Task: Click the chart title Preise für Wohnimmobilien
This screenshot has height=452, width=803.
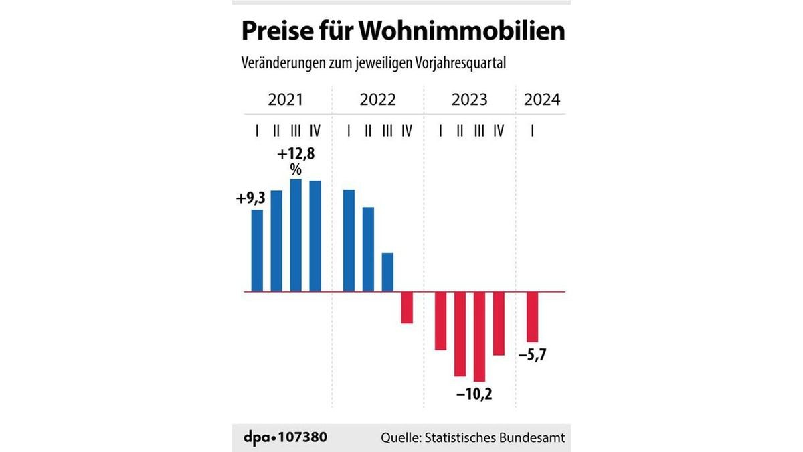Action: pos(402,31)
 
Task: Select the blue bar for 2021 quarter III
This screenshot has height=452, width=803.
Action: pos(296,236)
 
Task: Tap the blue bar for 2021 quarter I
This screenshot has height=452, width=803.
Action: pos(257,251)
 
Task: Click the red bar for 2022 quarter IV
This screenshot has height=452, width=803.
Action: pos(407,308)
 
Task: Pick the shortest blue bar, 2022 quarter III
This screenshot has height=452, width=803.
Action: pos(387,273)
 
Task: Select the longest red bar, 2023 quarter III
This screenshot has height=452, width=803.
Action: pos(479,337)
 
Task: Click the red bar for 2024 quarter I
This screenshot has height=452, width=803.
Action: pos(532,317)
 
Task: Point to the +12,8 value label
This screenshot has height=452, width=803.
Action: pos(296,155)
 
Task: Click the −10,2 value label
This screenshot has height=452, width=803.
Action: pos(475,394)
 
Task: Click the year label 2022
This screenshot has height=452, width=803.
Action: pos(377,100)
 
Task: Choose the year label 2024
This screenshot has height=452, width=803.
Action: pos(542,100)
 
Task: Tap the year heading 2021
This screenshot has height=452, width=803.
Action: pos(286,100)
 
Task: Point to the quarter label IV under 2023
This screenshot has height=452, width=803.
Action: pos(498,130)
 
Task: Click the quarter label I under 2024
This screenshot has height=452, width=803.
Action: pos(532,130)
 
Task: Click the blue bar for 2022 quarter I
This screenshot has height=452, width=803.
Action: pos(349,241)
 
